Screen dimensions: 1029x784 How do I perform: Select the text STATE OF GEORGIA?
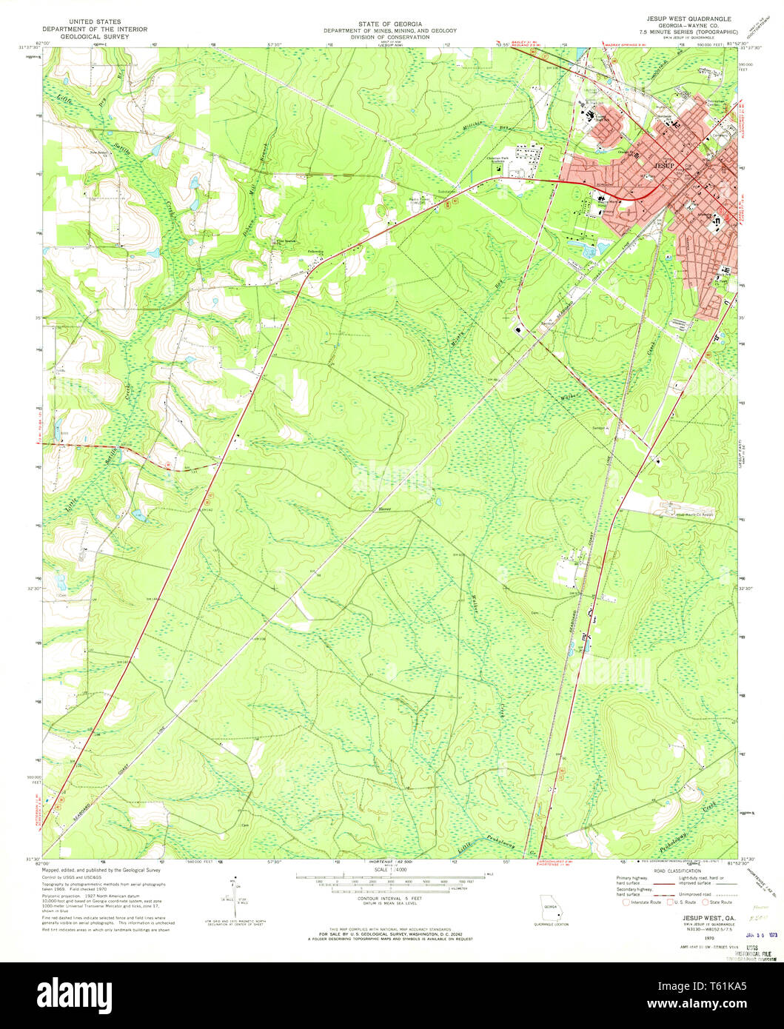389,24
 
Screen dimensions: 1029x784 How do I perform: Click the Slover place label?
383,509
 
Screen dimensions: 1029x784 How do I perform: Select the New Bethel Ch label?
99,154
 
